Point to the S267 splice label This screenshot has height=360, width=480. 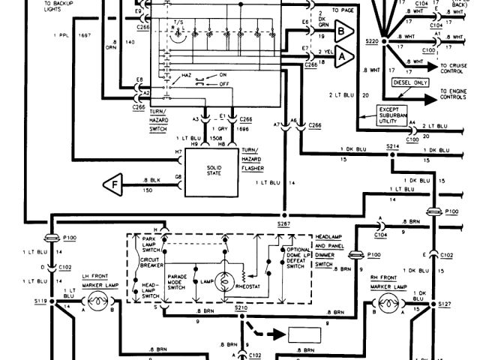[x=283, y=224]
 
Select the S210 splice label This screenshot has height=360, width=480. [x=242, y=307]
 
